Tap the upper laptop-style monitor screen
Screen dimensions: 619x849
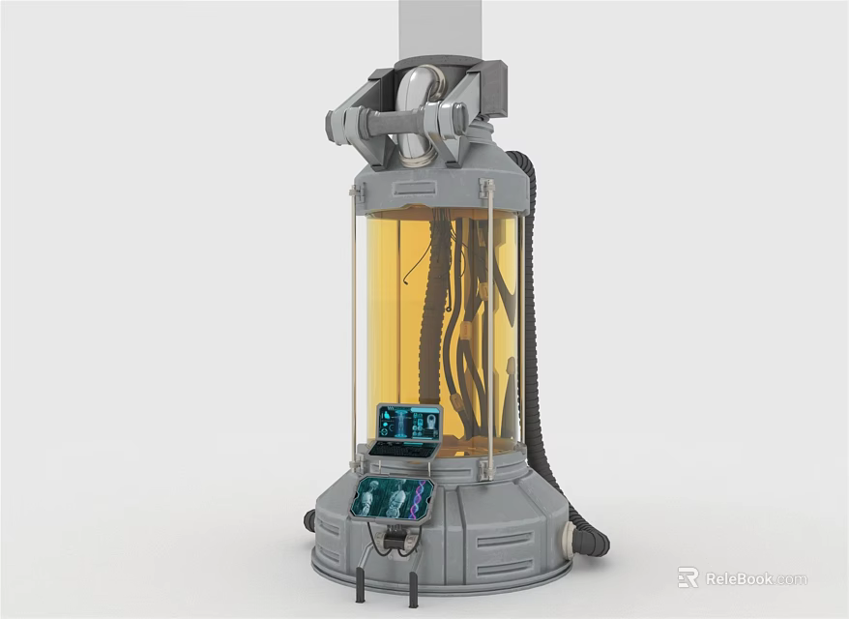coord(410,423)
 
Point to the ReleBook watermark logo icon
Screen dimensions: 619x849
coord(688,577)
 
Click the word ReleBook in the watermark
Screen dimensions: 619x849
coord(740,579)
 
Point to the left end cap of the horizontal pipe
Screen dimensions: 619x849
coord(334,126)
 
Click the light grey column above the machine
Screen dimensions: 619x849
coord(440,29)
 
